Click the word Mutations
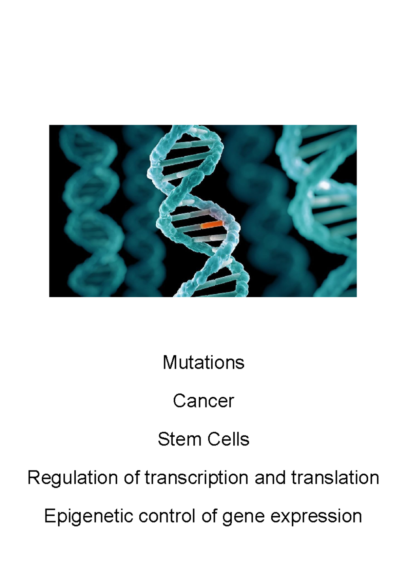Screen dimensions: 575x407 pos(203,362)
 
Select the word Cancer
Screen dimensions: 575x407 pos(203,401)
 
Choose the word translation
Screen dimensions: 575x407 pos(335,478)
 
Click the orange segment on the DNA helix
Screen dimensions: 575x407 pos(212,224)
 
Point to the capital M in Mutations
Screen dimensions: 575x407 pos(169,362)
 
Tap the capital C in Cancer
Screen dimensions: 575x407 pos(178,401)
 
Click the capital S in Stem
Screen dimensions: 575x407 pos(163,439)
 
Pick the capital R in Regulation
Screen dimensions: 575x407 pos(33,478)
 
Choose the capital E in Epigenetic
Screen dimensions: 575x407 pos(50,516)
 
